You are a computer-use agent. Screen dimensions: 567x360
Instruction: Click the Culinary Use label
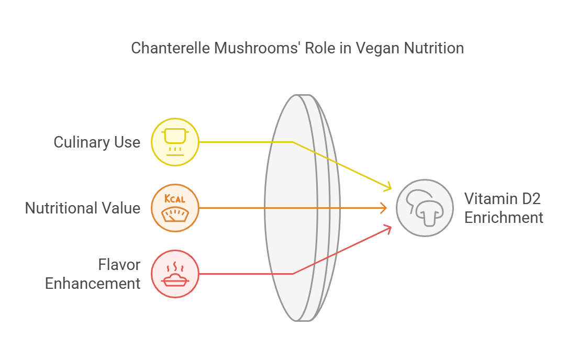point(97,142)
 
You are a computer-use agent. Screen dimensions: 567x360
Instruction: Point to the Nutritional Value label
point(82,208)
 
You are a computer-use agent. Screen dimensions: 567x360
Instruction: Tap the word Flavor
point(119,265)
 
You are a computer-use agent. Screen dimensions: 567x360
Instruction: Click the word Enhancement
point(93,284)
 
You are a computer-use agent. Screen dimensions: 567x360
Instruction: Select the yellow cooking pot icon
point(175,142)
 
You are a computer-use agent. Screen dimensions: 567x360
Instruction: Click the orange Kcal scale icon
point(175,208)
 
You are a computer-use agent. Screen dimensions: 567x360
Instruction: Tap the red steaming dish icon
point(175,274)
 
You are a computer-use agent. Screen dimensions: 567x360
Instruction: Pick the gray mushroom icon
point(425,208)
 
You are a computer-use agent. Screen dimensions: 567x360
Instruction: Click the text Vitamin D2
point(502,198)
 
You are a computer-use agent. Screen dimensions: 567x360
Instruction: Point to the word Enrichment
point(504,218)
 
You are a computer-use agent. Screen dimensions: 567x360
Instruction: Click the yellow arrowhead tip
point(391,188)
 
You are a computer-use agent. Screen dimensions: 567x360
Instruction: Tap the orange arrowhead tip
point(386,208)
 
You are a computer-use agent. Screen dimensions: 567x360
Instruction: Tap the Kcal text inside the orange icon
point(175,198)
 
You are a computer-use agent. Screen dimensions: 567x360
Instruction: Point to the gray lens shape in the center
point(302,208)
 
